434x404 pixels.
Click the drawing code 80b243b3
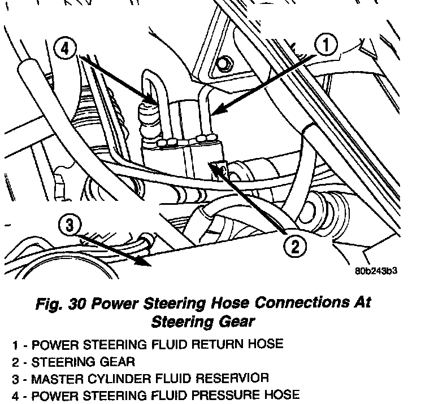click(x=377, y=270)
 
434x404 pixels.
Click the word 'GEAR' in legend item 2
click(x=118, y=361)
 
